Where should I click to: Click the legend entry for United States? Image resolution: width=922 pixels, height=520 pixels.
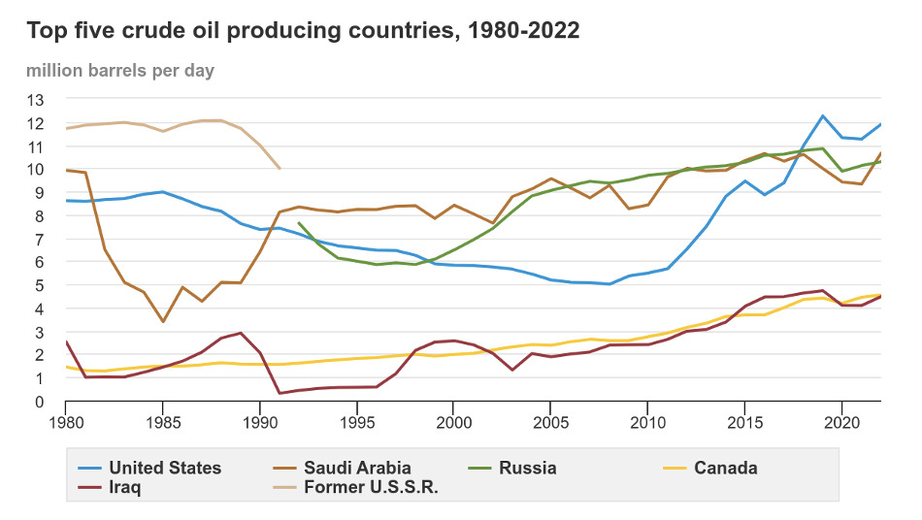165,468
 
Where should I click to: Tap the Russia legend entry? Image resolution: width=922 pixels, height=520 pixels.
527,468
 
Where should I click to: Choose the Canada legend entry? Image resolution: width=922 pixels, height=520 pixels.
725,468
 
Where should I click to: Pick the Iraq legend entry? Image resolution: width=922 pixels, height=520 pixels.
125,487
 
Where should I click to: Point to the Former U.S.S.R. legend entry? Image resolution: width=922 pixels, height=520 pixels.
371,487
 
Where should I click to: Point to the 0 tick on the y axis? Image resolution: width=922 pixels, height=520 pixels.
40,402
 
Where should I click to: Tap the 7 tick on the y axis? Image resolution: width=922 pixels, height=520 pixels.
40,239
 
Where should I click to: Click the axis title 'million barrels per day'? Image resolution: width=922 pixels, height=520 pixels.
120,70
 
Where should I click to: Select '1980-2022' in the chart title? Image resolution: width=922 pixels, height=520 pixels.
524,31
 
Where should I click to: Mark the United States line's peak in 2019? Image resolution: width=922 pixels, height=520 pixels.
823,116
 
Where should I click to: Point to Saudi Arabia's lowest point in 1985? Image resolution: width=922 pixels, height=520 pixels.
163,321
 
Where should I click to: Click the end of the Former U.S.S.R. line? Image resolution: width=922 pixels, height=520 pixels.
280,169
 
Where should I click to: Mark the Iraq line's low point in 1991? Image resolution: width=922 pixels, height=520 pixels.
280,393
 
